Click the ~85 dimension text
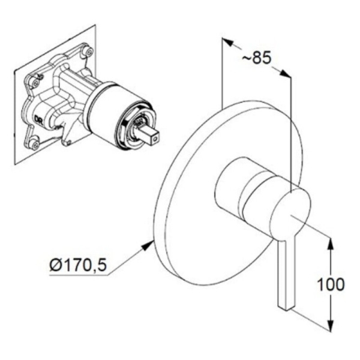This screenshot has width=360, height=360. [257, 59]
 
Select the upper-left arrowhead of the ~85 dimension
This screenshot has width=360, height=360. [227, 42]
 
